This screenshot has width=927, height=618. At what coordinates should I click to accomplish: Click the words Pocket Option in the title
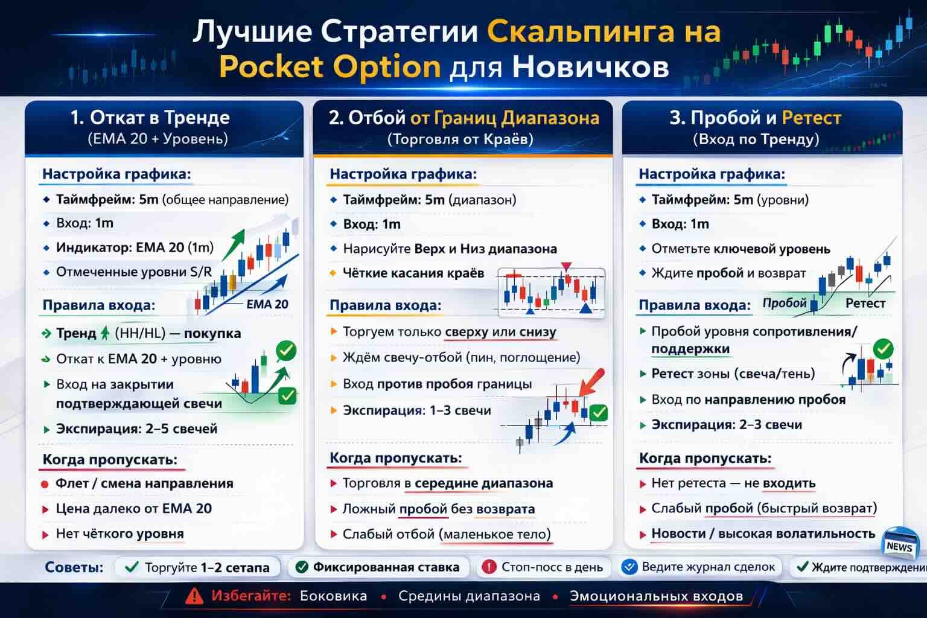(330, 67)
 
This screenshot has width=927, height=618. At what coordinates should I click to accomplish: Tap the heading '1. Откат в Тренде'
(150, 117)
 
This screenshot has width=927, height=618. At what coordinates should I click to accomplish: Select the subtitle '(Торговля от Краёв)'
(460, 139)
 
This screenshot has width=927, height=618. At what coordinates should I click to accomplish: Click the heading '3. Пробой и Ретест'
(755, 117)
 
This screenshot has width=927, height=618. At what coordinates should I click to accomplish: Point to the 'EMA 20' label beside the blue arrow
(267, 304)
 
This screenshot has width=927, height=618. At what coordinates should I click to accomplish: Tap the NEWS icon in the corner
(899, 545)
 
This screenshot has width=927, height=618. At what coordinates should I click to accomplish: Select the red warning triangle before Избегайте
(194, 596)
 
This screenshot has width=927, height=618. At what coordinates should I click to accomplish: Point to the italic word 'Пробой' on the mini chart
(784, 303)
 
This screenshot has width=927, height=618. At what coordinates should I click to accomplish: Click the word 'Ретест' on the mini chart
(865, 304)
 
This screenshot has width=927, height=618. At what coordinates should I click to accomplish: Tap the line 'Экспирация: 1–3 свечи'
(416, 410)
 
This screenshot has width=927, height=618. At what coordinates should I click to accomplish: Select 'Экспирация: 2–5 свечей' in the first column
(136, 429)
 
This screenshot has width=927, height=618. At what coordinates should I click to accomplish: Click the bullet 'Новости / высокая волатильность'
(762, 534)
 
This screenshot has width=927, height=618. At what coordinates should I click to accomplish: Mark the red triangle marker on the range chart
(565, 266)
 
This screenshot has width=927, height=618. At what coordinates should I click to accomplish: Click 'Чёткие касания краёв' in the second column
(413, 273)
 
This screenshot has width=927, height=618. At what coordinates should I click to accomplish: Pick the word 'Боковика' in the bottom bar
(333, 596)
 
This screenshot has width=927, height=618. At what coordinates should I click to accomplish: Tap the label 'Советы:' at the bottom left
(74, 567)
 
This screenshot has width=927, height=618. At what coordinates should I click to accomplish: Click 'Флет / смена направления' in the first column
(144, 483)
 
